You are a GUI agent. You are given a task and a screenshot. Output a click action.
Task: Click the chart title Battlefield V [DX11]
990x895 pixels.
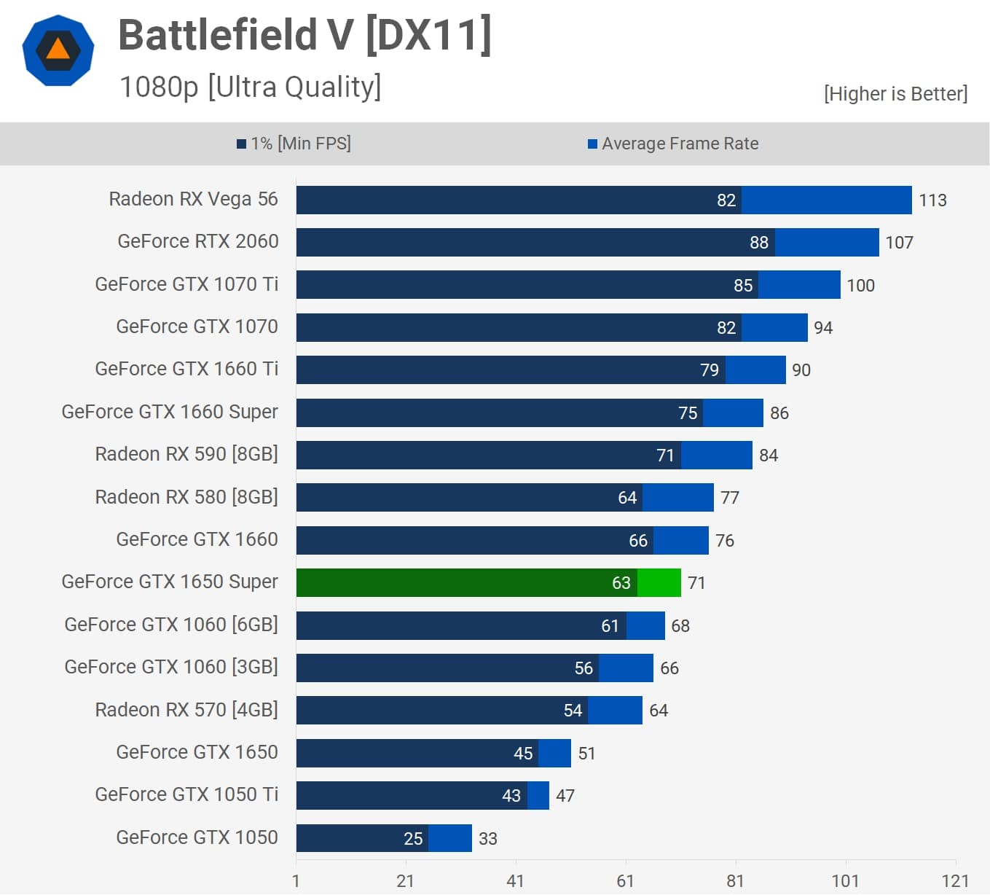pyautogui.click(x=305, y=35)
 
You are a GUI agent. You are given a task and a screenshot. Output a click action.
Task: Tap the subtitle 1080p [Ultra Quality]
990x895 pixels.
pyautogui.click(x=250, y=87)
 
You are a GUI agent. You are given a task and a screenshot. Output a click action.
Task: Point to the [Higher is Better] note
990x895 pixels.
pyautogui.click(x=895, y=94)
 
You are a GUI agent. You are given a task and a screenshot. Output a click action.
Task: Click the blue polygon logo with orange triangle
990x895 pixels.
pyautogui.click(x=58, y=50)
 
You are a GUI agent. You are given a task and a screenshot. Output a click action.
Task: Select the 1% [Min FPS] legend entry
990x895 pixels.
pyautogui.click(x=294, y=144)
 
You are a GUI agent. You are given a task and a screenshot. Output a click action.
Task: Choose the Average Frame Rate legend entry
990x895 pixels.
pyautogui.click(x=673, y=144)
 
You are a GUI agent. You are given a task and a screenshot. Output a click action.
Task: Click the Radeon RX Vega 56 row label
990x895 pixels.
pyautogui.click(x=193, y=199)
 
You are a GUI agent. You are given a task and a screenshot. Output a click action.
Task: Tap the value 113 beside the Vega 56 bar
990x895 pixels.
pyautogui.click(x=932, y=200)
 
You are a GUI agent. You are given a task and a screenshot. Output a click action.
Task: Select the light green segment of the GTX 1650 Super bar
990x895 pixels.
pyautogui.click(x=659, y=583)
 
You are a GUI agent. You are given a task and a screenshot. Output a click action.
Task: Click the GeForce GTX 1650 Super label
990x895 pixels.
pyautogui.click(x=170, y=582)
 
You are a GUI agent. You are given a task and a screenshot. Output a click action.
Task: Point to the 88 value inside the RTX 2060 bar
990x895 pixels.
pyautogui.click(x=759, y=243)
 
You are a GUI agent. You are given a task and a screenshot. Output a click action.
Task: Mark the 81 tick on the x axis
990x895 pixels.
pyautogui.click(x=735, y=881)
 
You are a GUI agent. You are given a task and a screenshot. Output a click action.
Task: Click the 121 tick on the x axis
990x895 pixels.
pyautogui.click(x=955, y=881)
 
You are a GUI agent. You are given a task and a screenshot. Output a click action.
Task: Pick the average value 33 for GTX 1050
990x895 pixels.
pyautogui.click(x=487, y=839)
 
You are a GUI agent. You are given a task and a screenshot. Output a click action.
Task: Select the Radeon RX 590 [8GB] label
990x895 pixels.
pyautogui.click(x=186, y=454)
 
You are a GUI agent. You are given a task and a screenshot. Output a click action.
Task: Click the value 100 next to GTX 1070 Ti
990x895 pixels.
pyautogui.click(x=860, y=286)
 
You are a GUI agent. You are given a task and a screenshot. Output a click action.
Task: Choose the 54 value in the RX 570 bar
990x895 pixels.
pyautogui.click(x=573, y=711)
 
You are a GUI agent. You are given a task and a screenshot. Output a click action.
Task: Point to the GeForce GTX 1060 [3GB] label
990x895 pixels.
pyautogui.click(x=171, y=667)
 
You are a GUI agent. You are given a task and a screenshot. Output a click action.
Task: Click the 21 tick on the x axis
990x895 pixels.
pyautogui.click(x=405, y=881)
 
